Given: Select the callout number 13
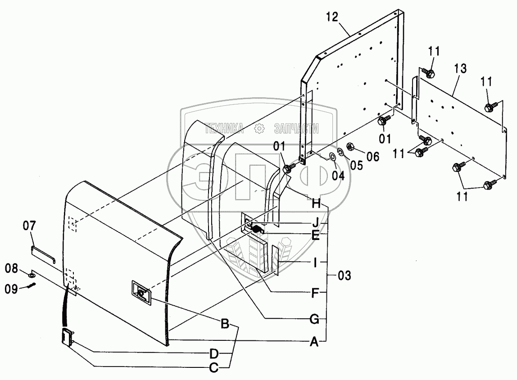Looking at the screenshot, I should click(x=460, y=69).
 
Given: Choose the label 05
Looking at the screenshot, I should click(x=356, y=165).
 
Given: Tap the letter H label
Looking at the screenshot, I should click(x=316, y=204).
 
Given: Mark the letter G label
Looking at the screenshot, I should click(x=315, y=320).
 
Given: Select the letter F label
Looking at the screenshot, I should click(x=316, y=294).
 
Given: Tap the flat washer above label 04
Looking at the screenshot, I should click(x=332, y=157).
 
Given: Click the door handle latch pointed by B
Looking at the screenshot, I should click(x=141, y=293).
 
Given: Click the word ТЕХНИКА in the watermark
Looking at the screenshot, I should click(x=224, y=129).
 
